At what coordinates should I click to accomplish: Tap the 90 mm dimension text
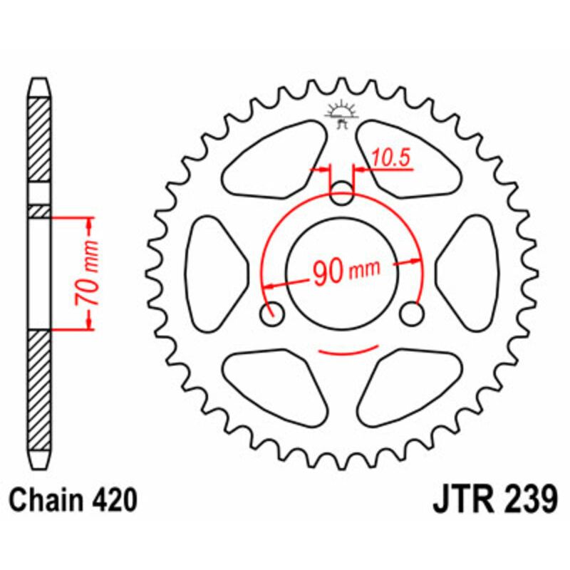(x=344, y=271)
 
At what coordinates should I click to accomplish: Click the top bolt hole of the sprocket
(x=343, y=192)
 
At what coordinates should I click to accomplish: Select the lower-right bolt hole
(x=412, y=313)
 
